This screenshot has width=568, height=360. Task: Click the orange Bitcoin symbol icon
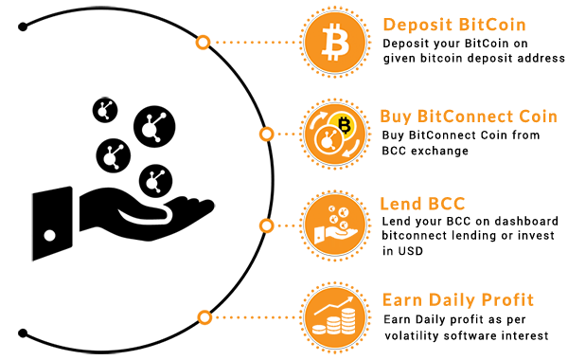[335, 42]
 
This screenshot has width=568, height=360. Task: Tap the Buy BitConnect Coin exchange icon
[335, 134]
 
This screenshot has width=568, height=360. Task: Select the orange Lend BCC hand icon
[335, 225]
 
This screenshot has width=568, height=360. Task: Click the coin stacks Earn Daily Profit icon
[335, 317]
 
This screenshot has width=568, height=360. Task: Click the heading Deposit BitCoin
[454, 25]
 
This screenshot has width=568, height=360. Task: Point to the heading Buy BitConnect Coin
[469, 117]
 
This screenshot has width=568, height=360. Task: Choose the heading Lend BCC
[422, 204]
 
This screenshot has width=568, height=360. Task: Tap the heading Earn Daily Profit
[458, 299]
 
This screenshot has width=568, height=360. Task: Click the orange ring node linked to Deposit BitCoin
[203, 43]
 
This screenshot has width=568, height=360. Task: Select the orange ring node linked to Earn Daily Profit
[204, 317]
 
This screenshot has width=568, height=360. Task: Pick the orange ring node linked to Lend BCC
[266, 225]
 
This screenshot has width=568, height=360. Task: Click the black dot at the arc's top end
[23, 27]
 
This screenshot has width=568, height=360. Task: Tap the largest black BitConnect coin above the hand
[154, 127]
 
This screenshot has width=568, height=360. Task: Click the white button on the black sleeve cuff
[49, 236]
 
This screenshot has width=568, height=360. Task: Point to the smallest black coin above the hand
[105, 110]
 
